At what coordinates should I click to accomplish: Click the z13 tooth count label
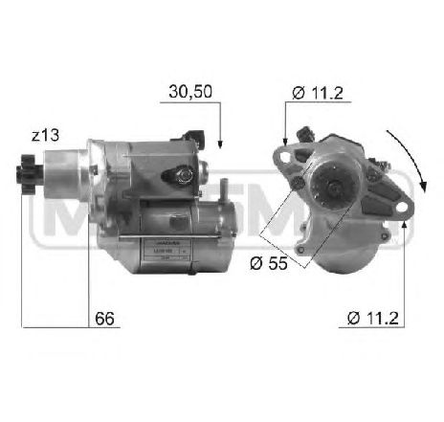45,135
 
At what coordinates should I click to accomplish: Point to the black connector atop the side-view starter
197,135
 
